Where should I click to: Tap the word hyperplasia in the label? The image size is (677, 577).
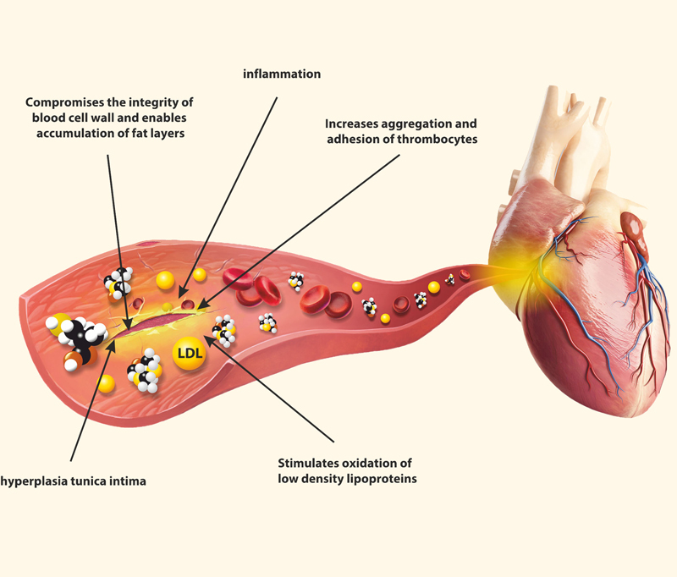click(x=36, y=480)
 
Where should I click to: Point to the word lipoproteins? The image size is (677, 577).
click(x=370, y=480)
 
